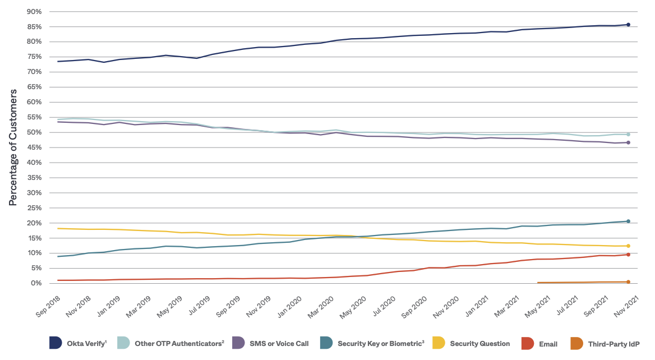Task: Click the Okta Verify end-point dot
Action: (628, 25)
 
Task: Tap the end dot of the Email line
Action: (628, 255)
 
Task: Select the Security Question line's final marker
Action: (628, 246)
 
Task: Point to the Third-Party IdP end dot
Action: (628, 281)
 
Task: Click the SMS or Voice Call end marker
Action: (628, 142)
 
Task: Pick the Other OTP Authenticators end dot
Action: (628, 135)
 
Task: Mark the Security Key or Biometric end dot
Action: (628, 221)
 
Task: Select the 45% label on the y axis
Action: (34, 147)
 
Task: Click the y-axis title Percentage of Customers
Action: (13, 147)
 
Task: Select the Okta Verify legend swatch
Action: (56, 343)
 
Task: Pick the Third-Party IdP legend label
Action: (614, 344)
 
